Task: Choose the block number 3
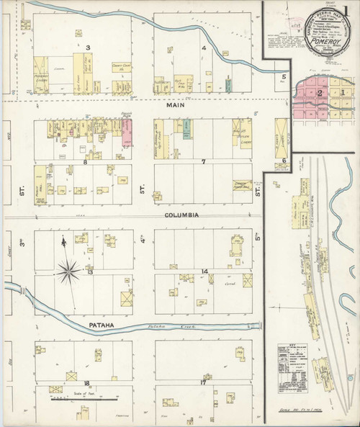click(x=88, y=48)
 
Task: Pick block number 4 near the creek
click(x=204, y=49)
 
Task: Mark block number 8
click(x=85, y=163)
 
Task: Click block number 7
click(x=204, y=162)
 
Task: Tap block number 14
click(x=204, y=271)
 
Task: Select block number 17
click(x=204, y=382)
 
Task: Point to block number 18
click(x=86, y=383)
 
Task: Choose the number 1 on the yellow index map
click(x=343, y=92)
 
